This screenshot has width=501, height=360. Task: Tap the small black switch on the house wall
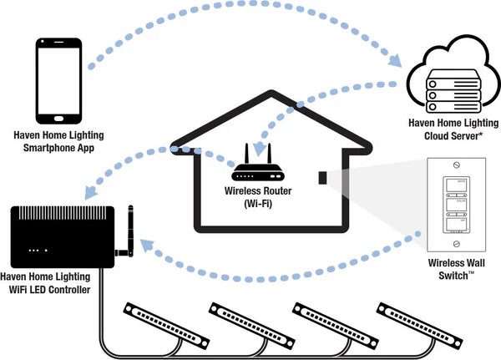321,177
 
